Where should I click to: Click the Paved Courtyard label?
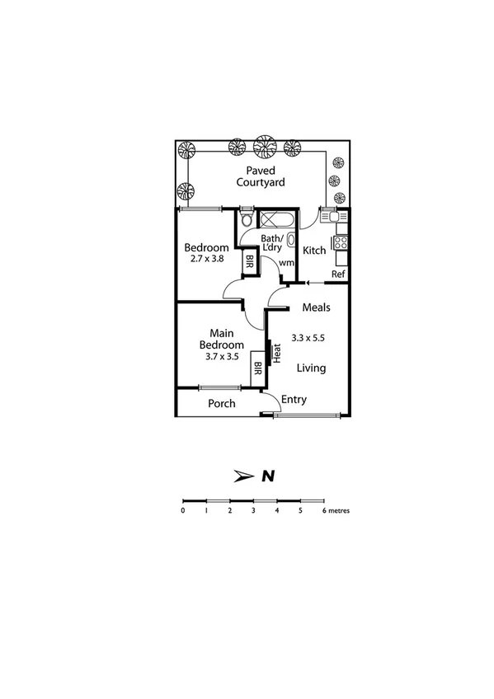click(261, 176)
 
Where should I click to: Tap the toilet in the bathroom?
click(247, 222)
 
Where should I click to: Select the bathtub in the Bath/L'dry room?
click(273, 220)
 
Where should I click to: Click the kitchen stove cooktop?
click(340, 243)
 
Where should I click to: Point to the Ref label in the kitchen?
click(338, 274)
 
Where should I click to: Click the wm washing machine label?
click(286, 262)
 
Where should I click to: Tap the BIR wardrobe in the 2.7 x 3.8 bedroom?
click(247, 263)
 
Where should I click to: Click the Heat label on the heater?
click(278, 353)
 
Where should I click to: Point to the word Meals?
click(316, 308)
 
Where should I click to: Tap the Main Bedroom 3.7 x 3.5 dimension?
click(221, 357)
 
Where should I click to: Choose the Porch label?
click(221, 404)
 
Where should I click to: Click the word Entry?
click(294, 400)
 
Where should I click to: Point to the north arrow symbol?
click(243, 476)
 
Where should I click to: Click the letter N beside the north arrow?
click(267, 476)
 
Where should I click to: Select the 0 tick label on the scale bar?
click(183, 511)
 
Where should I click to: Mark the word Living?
click(311, 368)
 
